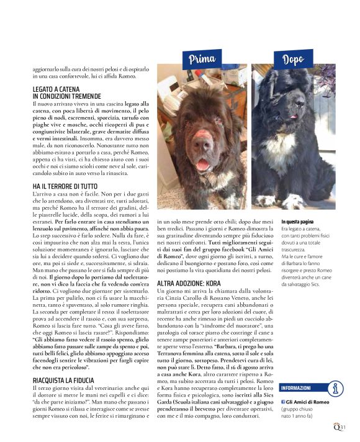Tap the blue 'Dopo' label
click(292, 60)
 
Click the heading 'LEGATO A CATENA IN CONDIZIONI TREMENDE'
click(66, 93)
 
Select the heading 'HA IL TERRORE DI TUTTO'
click(65, 186)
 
